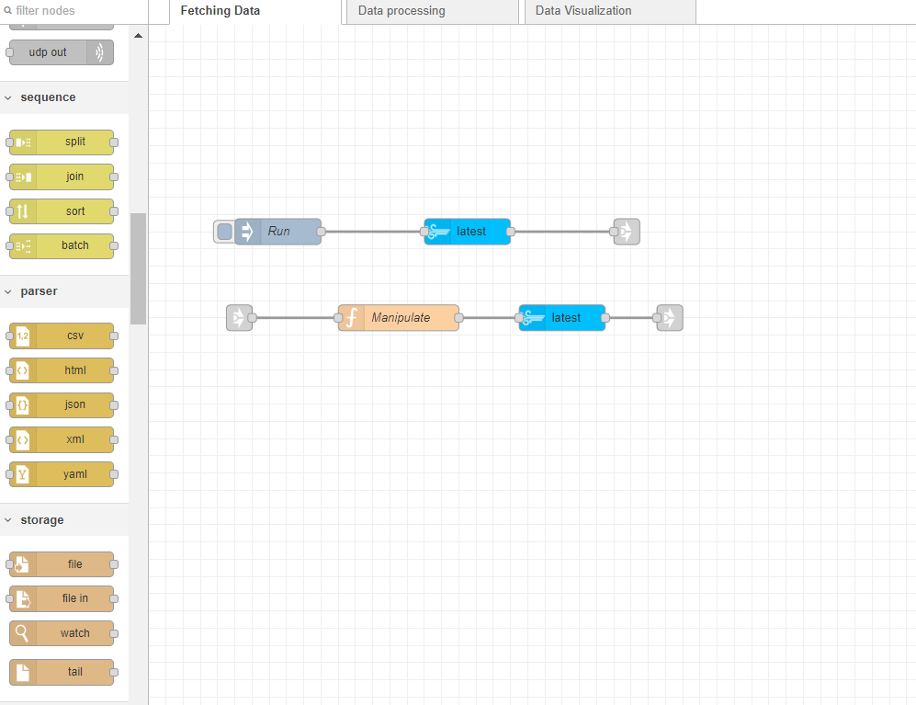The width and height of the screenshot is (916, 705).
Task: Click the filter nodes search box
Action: (x=74, y=11)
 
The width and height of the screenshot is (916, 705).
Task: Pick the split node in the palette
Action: (x=62, y=142)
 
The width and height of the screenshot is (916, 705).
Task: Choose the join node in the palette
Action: (x=62, y=176)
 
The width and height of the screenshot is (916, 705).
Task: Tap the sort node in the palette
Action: (x=62, y=211)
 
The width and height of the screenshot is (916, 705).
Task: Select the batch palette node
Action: (x=62, y=245)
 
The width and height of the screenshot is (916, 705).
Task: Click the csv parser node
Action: (x=62, y=335)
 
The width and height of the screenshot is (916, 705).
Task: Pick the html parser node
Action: (x=62, y=370)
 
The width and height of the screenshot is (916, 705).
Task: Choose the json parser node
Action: (x=62, y=404)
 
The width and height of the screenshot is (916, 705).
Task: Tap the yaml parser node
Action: (x=62, y=474)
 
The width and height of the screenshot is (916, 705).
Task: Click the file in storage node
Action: (x=62, y=598)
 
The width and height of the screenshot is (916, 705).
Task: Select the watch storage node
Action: (x=62, y=633)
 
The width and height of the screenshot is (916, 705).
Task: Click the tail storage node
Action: (x=62, y=672)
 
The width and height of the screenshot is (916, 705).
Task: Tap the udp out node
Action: (x=62, y=52)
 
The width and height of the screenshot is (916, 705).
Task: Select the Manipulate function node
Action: (x=400, y=318)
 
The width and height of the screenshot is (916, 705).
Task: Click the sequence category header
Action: (x=48, y=97)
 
